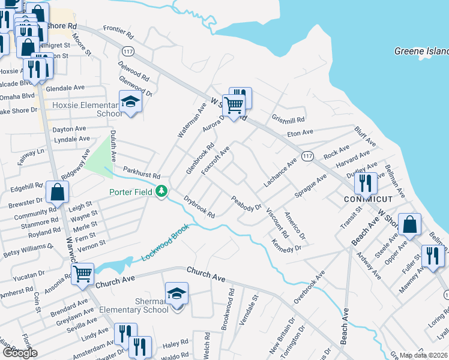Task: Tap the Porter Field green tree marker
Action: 161,191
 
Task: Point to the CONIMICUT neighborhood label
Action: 369,199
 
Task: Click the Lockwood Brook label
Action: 165,242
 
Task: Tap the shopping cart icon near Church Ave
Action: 83,274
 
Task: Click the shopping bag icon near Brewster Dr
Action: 57,193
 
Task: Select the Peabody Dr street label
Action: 247,203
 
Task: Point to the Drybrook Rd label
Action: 199,207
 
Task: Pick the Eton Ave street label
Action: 300,133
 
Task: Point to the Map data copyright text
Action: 424,356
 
